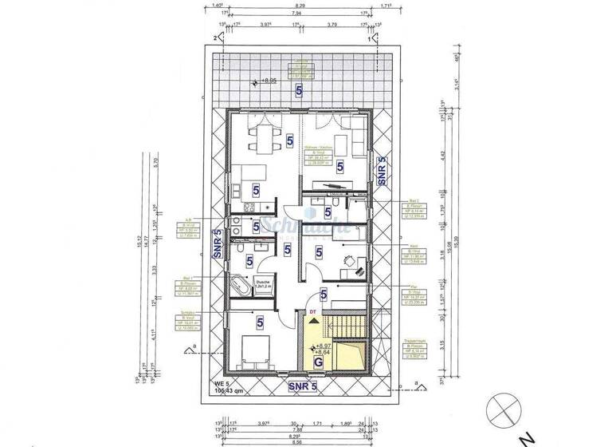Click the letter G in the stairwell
(319, 361)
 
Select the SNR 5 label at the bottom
(304, 387)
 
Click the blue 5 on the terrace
(299, 92)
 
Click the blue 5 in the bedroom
(261, 322)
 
